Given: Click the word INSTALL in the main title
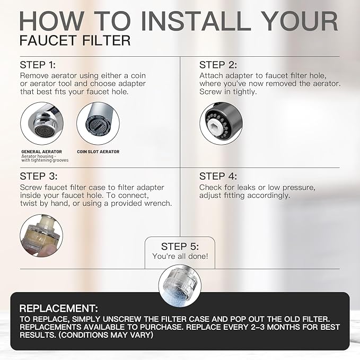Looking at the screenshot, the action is (x=196, y=21).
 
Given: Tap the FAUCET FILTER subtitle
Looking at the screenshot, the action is (x=75, y=41).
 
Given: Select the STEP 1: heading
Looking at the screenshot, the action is (x=38, y=65).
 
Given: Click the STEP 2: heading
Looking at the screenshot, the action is (x=218, y=65).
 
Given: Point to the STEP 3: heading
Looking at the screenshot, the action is (x=39, y=177).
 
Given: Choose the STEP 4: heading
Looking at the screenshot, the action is (x=218, y=177).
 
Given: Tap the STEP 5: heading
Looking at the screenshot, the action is (x=180, y=247).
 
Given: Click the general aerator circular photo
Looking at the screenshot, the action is (x=42, y=124).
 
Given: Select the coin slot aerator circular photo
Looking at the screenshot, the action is (x=98, y=124).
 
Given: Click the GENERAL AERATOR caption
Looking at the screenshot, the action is (x=41, y=152).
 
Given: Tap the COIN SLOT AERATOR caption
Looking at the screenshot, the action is (x=98, y=152).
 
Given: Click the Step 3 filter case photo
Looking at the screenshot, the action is (x=41, y=235).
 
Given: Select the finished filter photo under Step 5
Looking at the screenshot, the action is (x=180, y=286).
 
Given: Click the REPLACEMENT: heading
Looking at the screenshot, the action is (x=58, y=309).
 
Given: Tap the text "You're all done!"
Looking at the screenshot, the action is (x=180, y=256).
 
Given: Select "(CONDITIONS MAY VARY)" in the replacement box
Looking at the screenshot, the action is (x=106, y=335).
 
